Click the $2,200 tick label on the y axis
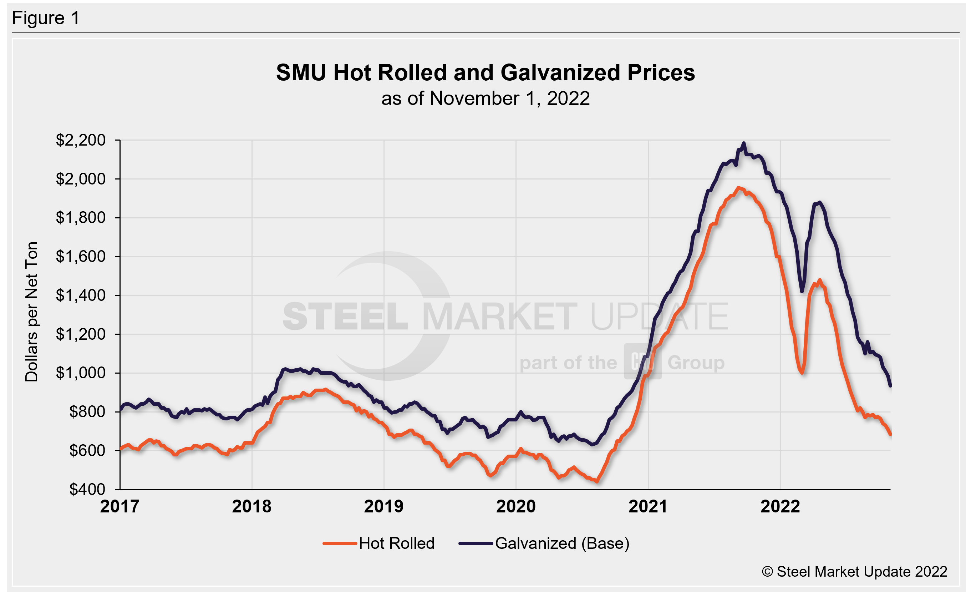[x=80, y=140]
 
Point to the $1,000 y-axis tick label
[x=80, y=373]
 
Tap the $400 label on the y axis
[x=87, y=489]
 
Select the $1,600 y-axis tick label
[x=80, y=257]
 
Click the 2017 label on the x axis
[x=120, y=506]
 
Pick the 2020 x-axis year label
[x=515, y=506]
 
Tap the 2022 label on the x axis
[x=780, y=506]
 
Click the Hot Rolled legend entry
[x=396, y=543]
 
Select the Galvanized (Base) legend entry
[x=562, y=543]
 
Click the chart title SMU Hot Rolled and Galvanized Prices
[x=485, y=72]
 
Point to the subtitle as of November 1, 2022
[x=485, y=98]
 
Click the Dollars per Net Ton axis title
[x=31, y=312]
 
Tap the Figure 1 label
[x=46, y=18]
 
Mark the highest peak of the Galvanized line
[x=744, y=143]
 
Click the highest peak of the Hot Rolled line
[x=738, y=188]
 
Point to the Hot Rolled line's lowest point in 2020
[x=597, y=481]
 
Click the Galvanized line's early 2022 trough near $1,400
[x=802, y=291]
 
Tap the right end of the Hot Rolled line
[x=890, y=434]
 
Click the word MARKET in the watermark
[x=499, y=317]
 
